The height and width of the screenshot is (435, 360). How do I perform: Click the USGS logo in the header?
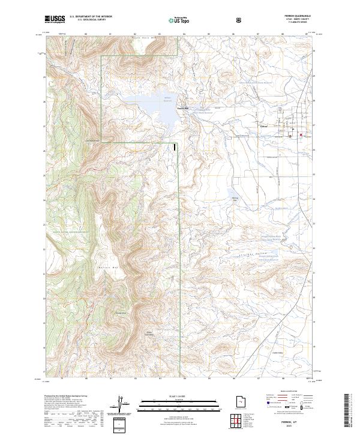click(55, 20)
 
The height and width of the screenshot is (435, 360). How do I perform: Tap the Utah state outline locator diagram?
click(237, 399)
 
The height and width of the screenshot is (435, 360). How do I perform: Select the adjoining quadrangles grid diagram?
click(237, 421)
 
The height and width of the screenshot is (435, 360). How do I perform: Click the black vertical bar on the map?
click(175, 146)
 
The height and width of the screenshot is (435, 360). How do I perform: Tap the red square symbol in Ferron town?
click(301, 135)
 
